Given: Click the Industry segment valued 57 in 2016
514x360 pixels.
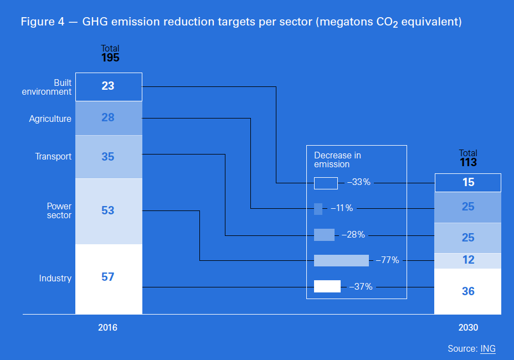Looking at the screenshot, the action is pos(109,279).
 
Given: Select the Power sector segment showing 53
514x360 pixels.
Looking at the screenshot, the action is pos(109,211).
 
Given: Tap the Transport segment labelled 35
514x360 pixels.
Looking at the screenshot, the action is pos(109,157).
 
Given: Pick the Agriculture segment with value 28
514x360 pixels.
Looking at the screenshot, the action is pos(109,118).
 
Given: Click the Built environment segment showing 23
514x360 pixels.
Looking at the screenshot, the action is pos(109,87).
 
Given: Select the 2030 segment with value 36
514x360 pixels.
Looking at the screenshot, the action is pos(468,291).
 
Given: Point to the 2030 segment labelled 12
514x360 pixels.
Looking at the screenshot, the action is pos(468,261).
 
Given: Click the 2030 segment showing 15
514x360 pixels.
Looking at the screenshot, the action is pos(468,183).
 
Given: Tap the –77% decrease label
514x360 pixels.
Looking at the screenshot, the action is pos(388,260).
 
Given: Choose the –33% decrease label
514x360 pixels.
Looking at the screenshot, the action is pos(358,182).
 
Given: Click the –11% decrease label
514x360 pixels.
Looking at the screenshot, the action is pos(342,208).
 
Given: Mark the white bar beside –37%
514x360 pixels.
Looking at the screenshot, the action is pos(327,286).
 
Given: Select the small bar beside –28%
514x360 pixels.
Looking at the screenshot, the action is pos(324,235).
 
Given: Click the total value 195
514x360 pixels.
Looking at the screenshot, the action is pos(110,58).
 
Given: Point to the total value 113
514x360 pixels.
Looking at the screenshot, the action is pos(468,162).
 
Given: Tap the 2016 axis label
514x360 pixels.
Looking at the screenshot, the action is pos(107,327).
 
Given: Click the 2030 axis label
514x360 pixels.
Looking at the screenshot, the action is pos(468,327).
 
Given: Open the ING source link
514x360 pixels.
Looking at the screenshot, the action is pos(488,348).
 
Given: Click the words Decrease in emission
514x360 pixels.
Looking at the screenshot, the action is pos(337,160).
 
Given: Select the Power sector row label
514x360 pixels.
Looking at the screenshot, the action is pos(59,210).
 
